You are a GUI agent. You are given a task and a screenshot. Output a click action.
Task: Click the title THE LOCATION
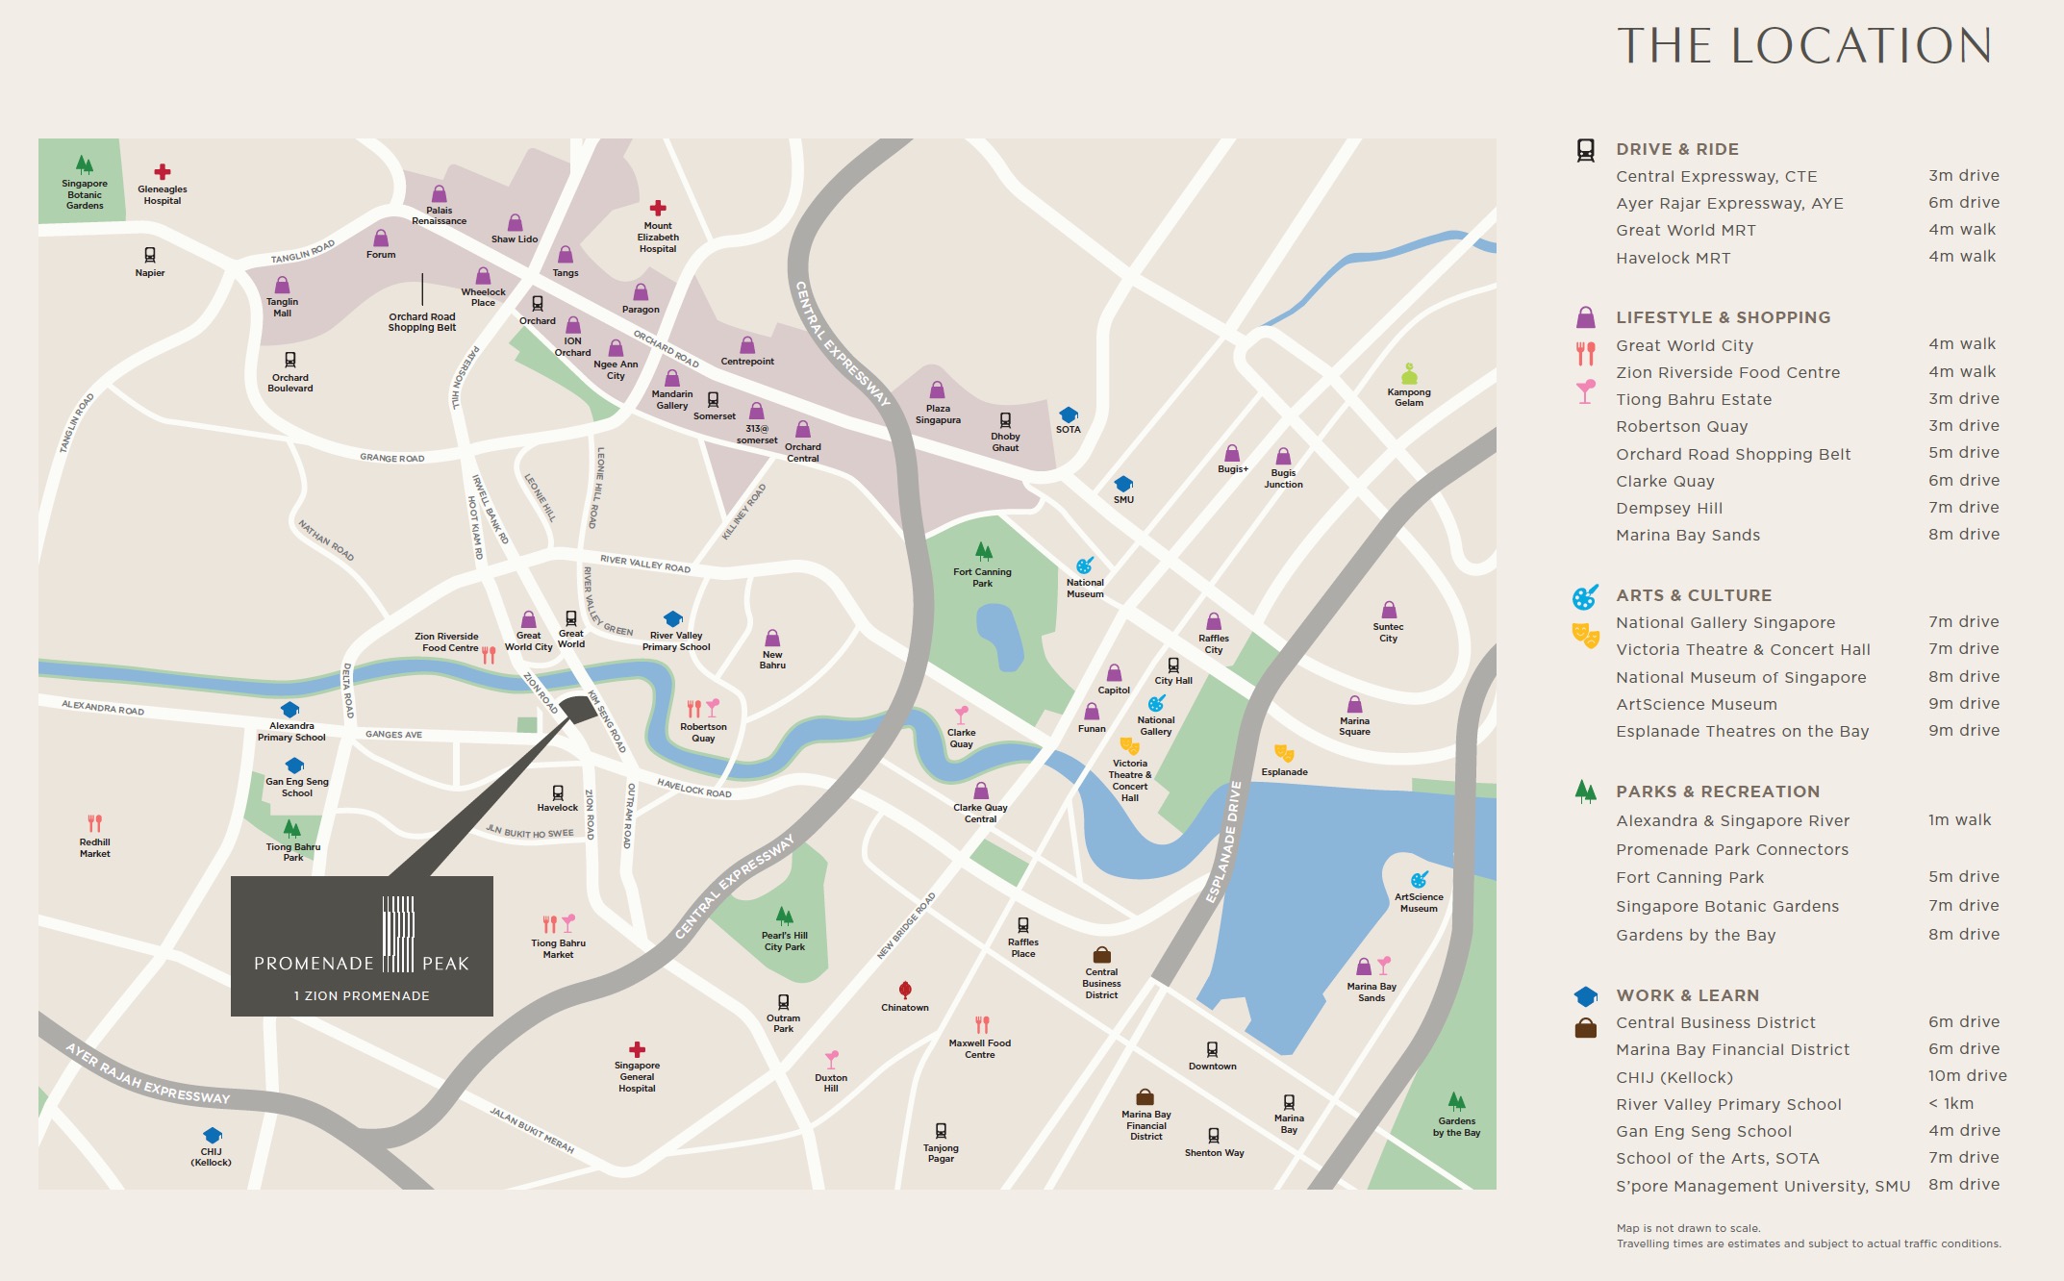click(1803, 46)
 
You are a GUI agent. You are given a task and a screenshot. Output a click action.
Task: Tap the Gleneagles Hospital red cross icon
click(163, 172)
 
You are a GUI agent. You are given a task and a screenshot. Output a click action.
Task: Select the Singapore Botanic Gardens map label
click(85, 194)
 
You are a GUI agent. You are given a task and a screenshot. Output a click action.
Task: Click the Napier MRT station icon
click(150, 255)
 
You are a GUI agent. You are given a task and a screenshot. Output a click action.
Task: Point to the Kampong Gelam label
click(1409, 397)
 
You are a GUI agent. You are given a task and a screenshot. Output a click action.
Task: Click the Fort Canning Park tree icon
click(983, 551)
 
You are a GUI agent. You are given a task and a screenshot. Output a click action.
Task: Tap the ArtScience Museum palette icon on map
click(1419, 880)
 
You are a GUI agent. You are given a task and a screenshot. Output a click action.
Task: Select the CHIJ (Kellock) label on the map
click(211, 1157)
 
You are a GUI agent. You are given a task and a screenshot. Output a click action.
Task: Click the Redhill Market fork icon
click(94, 823)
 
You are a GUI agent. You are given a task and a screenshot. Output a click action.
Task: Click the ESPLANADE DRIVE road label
click(1223, 841)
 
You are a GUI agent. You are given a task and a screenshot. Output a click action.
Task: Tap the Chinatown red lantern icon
click(905, 990)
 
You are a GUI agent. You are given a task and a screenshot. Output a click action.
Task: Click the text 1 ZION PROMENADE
click(362, 996)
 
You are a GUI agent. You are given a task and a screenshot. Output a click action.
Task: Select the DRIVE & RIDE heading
click(1676, 149)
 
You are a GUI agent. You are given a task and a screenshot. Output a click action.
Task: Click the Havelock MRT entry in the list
click(1673, 258)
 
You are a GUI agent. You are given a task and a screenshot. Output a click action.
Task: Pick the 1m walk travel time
click(1959, 820)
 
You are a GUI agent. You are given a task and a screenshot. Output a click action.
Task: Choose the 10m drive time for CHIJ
click(1967, 1076)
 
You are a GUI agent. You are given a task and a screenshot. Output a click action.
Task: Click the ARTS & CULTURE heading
click(1693, 595)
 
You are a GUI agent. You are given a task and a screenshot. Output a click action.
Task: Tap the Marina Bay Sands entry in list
click(1687, 535)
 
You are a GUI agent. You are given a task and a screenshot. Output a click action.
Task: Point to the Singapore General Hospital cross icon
click(637, 1049)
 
